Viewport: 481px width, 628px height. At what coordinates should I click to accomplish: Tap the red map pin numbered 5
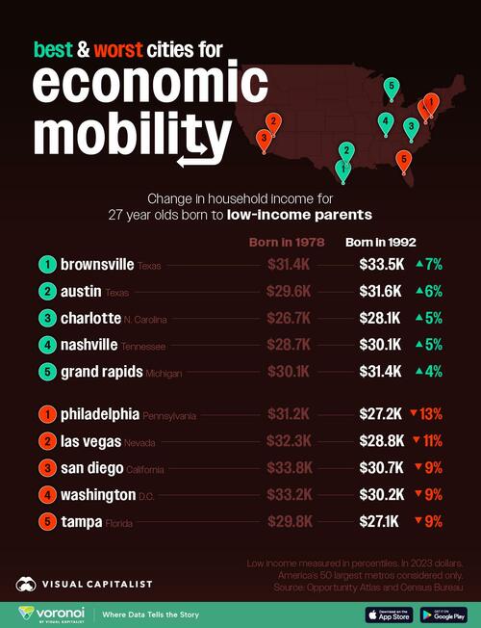(x=404, y=160)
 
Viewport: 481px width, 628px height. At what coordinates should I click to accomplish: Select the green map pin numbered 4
(x=386, y=122)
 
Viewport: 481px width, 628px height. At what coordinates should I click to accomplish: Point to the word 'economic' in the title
(x=149, y=85)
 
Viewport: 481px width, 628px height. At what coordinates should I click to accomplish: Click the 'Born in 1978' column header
(x=285, y=242)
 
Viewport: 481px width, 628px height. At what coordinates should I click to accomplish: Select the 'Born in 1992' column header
(x=380, y=242)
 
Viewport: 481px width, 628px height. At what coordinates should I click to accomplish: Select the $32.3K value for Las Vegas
(x=286, y=443)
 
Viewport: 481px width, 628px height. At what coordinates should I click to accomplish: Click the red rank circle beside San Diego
(x=45, y=470)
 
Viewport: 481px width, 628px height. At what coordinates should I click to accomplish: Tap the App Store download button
(x=387, y=614)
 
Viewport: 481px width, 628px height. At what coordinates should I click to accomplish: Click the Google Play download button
(x=442, y=614)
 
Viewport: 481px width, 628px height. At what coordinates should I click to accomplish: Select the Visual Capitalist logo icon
(x=28, y=584)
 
